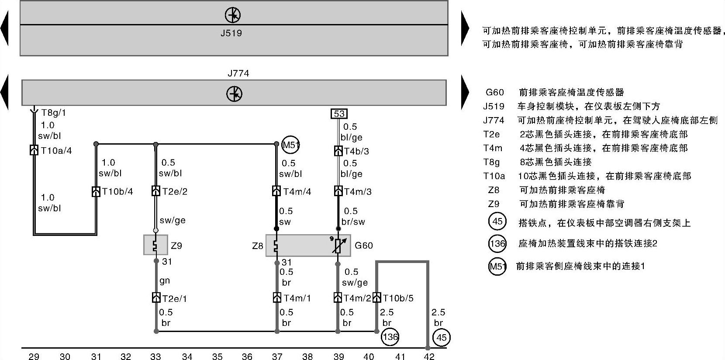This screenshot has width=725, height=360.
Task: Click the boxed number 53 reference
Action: coord(339,114)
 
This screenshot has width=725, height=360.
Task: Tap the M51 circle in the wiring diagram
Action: coord(291,145)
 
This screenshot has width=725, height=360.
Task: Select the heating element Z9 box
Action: coord(155,245)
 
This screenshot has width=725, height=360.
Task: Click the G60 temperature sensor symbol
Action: coord(338,246)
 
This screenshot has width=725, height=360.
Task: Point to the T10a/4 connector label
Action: coord(56,151)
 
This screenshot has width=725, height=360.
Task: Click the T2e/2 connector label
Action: coord(175,191)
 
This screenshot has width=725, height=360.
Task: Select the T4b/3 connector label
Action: coord(356,151)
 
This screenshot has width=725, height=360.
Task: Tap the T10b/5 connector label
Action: coord(398,298)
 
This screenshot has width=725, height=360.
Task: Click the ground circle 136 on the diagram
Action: coord(390,337)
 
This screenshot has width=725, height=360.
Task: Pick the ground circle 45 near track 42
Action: coord(441,337)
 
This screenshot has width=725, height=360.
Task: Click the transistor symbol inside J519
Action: coord(233,15)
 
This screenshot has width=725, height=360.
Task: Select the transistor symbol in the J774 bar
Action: coord(235,93)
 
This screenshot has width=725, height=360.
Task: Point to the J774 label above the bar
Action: coord(238,73)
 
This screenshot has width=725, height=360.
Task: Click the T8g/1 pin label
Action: coord(53,113)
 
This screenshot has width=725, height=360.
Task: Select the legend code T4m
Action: coord(492,148)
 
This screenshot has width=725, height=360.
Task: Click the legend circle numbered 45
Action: coord(497,222)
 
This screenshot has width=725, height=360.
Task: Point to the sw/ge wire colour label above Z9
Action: coord(173,221)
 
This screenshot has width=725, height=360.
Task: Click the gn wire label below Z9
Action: coord(165,281)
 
